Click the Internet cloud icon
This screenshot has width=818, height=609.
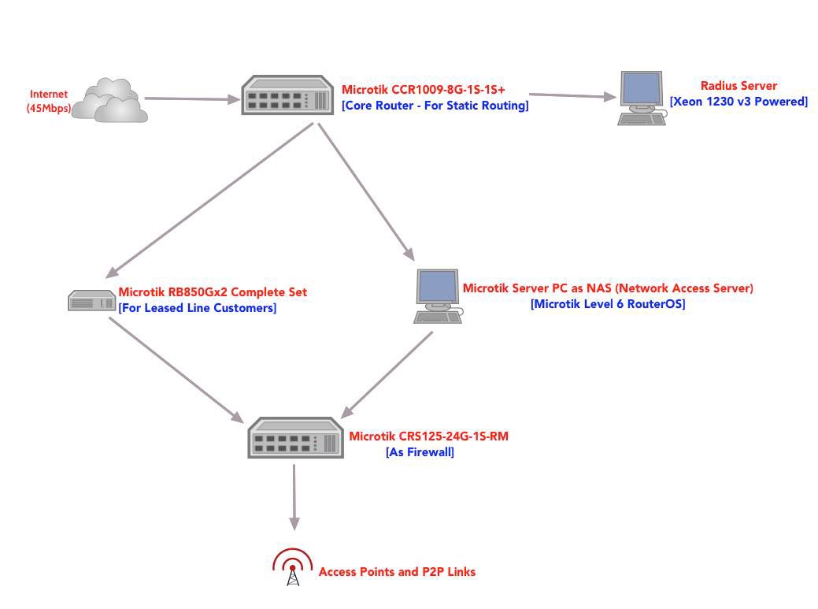pos(111,100)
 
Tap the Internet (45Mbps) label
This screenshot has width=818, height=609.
pos(49,101)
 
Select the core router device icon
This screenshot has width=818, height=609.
pos(287,95)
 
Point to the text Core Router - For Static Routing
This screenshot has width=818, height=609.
pos(435,105)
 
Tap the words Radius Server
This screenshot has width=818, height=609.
pos(738,85)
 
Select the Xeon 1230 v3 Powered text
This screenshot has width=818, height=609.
pos(738,101)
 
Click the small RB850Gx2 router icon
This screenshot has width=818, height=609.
pos(91,300)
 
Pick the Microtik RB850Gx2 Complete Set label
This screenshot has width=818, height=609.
pos(213,292)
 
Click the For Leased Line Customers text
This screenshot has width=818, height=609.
pos(198,308)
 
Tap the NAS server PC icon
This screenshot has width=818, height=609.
pos(437,295)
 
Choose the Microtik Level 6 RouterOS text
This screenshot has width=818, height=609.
pos(608,304)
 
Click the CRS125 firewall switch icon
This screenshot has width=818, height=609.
pos(295,438)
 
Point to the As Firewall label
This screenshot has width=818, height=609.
pos(420,452)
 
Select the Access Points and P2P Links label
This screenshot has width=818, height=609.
pos(397,572)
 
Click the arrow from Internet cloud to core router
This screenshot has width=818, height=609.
pos(192,99)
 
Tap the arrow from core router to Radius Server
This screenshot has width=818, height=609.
pos(571,95)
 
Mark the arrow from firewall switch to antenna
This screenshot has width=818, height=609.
pos(294,496)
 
